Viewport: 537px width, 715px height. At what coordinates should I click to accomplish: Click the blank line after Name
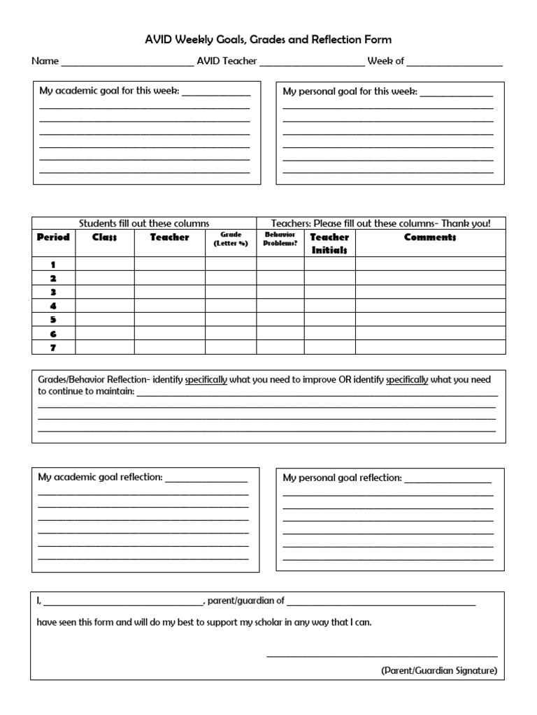[127, 63]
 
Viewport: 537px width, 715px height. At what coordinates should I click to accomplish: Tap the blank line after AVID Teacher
[312, 63]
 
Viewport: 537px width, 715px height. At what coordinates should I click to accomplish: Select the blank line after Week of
[454, 63]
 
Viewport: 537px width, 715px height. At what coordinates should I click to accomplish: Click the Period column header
[53, 237]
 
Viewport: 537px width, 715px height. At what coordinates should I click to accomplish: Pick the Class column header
[104, 237]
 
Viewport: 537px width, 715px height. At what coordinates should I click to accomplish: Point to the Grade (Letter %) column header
[231, 239]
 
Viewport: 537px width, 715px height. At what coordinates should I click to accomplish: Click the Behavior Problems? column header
[280, 239]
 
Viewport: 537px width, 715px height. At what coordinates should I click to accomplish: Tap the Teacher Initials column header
[329, 244]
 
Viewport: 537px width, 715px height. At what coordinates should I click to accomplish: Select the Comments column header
[430, 237]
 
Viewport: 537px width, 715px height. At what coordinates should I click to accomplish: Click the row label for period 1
[53, 265]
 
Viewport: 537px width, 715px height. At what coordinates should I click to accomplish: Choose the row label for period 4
[53, 306]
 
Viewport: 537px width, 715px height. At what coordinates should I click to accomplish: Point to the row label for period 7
[53, 347]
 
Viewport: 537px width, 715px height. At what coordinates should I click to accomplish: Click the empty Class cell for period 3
[104, 292]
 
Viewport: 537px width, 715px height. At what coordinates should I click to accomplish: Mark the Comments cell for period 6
[430, 333]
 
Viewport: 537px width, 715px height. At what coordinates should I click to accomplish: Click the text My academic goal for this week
[108, 91]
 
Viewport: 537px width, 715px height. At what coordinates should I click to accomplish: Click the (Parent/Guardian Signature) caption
[439, 670]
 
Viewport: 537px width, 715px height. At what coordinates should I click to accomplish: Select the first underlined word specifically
[206, 380]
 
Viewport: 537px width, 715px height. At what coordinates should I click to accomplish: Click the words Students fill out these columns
[144, 223]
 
